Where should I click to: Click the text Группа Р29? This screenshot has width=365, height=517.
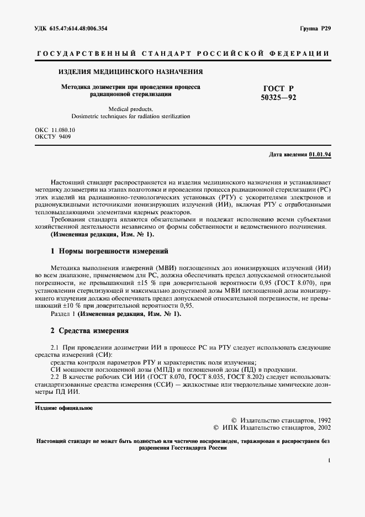click(x=314, y=28)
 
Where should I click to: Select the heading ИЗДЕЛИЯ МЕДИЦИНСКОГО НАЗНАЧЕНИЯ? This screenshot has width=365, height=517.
click(x=131, y=72)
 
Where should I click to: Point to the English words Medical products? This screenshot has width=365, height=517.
click(x=131, y=109)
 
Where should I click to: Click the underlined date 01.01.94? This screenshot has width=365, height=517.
click(x=320, y=155)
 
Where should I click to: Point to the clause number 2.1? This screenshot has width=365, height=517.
click(x=55, y=347)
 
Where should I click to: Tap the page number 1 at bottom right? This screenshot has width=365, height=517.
click(x=329, y=460)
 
